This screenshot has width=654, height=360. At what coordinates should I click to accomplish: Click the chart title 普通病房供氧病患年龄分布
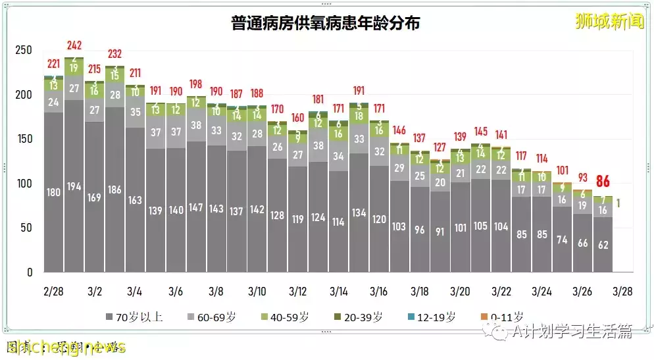tap(326, 23)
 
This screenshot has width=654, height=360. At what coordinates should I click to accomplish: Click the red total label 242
tap(74, 45)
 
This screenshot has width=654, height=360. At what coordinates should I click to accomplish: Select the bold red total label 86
tap(603, 182)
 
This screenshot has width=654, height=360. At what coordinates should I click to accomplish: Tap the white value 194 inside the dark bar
tap(74, 187)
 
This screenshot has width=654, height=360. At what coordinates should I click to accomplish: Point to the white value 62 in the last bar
tap(603, 245)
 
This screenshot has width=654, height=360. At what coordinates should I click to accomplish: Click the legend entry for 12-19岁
tap(436, 317)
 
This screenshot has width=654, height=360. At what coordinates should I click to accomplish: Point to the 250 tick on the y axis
tap(24, 51)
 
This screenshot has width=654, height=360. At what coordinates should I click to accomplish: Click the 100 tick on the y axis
tap(24, 184)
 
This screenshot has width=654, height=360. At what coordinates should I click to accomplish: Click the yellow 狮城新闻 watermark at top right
tap(608, 22)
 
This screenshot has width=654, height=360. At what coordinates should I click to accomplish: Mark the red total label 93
tap(582, 178)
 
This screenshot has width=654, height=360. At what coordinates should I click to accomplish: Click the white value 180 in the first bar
tap(54, 192)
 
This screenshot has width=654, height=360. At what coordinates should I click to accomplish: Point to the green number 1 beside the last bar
tap(620, 203)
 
